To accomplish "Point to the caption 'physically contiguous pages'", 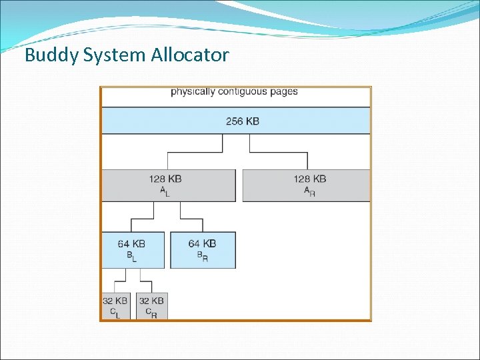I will (234, 91).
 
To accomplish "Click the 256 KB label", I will (243, 121).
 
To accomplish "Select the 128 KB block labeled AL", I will (168, 185).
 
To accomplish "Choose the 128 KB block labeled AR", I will (306, 185).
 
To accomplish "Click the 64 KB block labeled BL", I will (133, 250).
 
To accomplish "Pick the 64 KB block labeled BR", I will (203, 250).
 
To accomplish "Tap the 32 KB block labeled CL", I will (115, 306).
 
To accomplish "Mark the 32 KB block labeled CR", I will (152, 306).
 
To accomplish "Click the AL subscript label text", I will (164, 191).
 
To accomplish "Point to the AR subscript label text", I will (310, 191).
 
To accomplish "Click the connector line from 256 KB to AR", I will (279, 153).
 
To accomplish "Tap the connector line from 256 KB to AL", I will (194, 153).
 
